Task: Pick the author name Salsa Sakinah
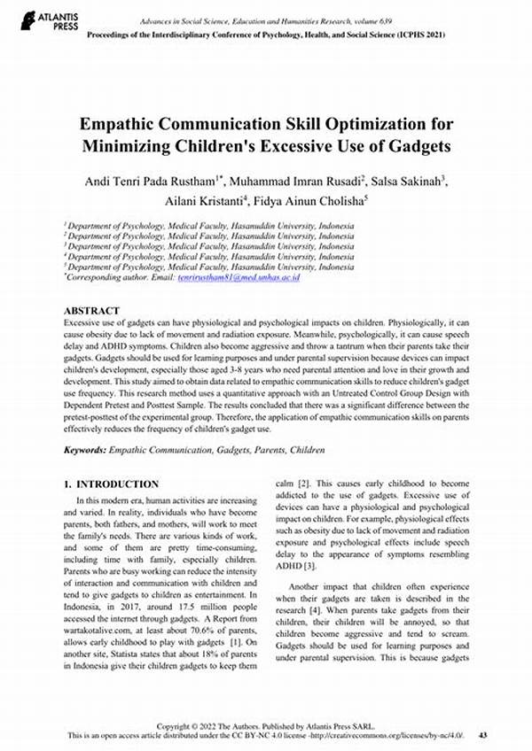pos(411,181)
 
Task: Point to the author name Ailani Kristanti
pos(202,201)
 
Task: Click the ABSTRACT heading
pos(91,311)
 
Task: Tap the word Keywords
pos(84,451)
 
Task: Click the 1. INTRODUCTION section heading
pos(112,484)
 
